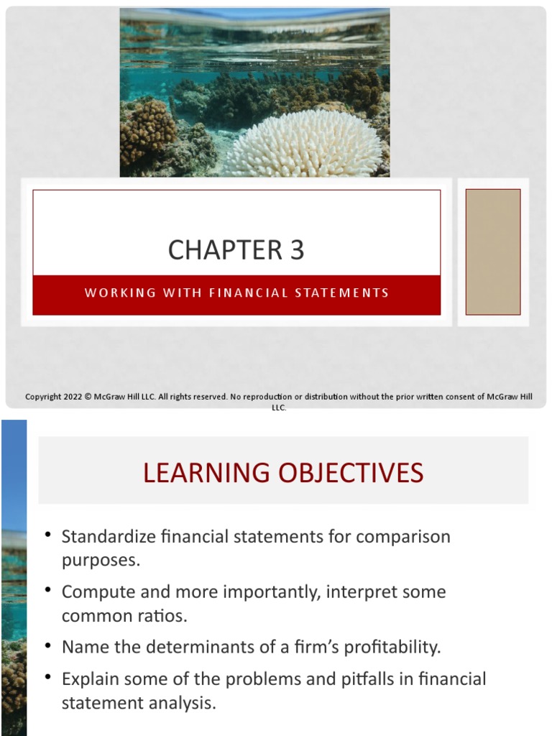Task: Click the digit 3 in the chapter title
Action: tap(297, 250)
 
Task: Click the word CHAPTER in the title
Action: tap(225, 250)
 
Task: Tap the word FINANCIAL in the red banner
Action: tap(233, 293)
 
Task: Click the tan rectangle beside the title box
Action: tap(492, 252)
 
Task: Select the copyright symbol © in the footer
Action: tap(88, 397)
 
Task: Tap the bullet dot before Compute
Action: tap(48, 590)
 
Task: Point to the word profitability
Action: tap(392, 647)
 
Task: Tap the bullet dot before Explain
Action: tap(48, 677)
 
